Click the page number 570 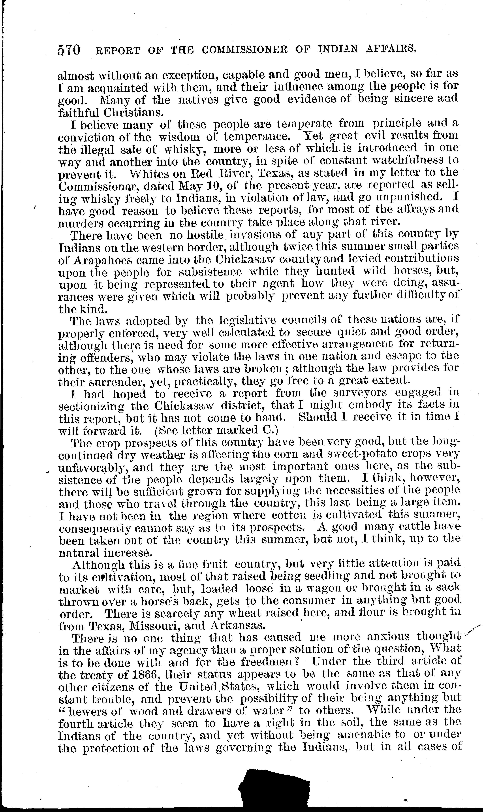click(69, 50)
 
